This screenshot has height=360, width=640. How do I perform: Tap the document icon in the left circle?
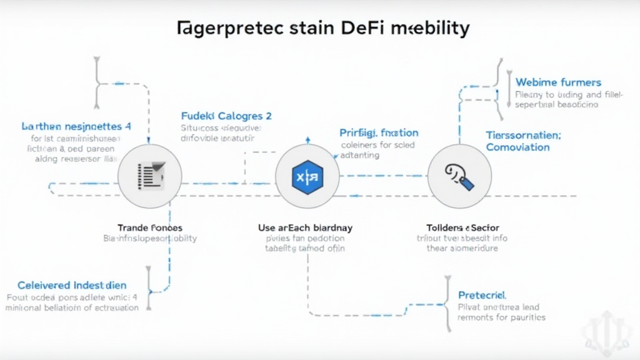click(x=150, y=176)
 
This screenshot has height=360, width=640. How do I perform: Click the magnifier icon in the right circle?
click(x=460, y=177)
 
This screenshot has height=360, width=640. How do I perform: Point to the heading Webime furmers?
click(x=558, y=82)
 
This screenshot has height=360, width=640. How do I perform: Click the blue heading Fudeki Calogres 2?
click(x=226, y=116)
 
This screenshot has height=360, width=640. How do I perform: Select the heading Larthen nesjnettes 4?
click(x=76, y=126)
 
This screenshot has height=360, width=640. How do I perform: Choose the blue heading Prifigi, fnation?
click(x=379, y=132)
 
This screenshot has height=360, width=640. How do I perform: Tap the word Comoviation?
click(x=517, y=147)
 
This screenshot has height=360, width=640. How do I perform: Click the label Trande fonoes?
click(x=150, y=227)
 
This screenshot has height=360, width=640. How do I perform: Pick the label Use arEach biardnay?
click(x=305, y=227)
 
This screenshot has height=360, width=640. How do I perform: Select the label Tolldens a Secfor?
click(x=462, y=227)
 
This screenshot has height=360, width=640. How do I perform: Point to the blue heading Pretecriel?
click(x=482, y=294)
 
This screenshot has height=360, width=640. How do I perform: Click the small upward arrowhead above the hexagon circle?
click(x=307, y=139)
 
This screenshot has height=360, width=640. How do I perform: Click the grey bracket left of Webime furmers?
click(x=500, y=88)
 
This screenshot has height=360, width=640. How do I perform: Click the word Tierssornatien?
click(x=523, y=135)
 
